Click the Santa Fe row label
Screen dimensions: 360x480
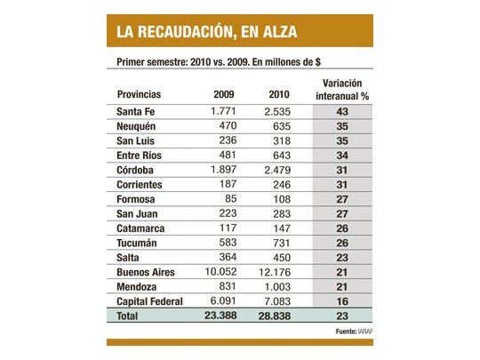tap(140, 111)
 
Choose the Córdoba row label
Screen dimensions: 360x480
tap(139, 169)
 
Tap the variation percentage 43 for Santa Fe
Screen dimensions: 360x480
tap(343, 111)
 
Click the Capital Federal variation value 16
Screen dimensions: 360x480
tap(343, 301)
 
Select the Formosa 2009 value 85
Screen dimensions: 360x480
tap(229, 198)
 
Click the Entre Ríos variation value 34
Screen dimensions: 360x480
tap(343, 155)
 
